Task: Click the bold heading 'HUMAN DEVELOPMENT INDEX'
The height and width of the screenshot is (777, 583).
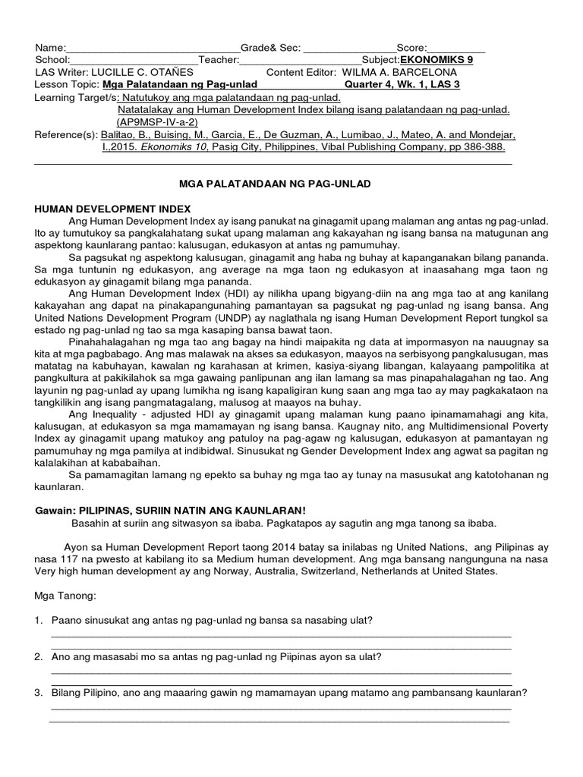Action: pos(113,208)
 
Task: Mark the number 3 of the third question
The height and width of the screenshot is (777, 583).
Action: pos(38,692)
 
